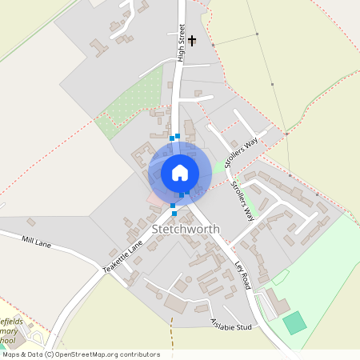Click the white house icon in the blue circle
[179, 172]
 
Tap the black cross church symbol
[192, 38]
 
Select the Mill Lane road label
[37, 242]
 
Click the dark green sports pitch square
[294, 323]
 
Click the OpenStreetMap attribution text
[80, 354]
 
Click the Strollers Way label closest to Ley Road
[242, 201]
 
